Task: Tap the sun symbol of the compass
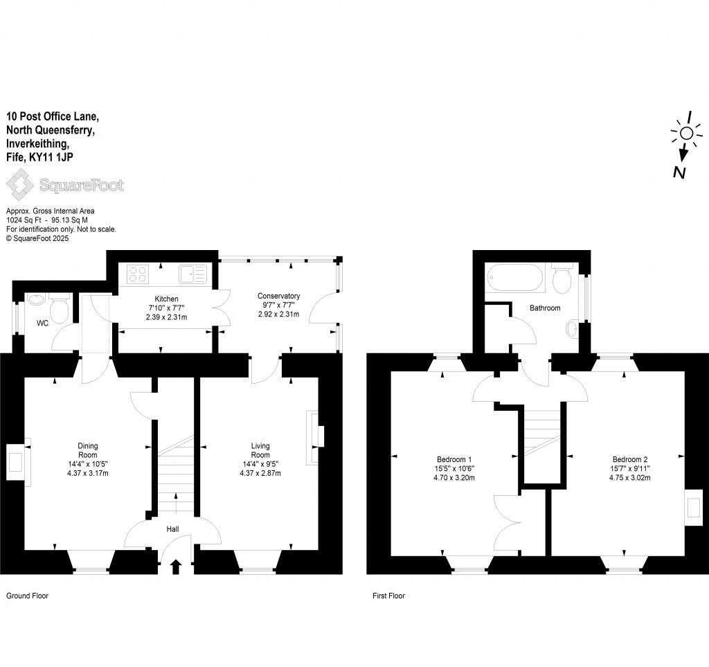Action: coord(685,134)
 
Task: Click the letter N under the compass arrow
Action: coord(680,172)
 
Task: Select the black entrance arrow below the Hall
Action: coord(174,567)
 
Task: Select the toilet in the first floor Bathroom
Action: coord(562,279)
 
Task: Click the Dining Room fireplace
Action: coord(15,463)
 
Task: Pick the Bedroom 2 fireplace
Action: coord(692,508)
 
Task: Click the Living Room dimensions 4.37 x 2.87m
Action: coord(261,473)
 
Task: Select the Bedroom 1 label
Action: coord(454,459)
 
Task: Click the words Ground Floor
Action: coord(27,596)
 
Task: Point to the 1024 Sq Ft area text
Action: coord(23,220)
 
